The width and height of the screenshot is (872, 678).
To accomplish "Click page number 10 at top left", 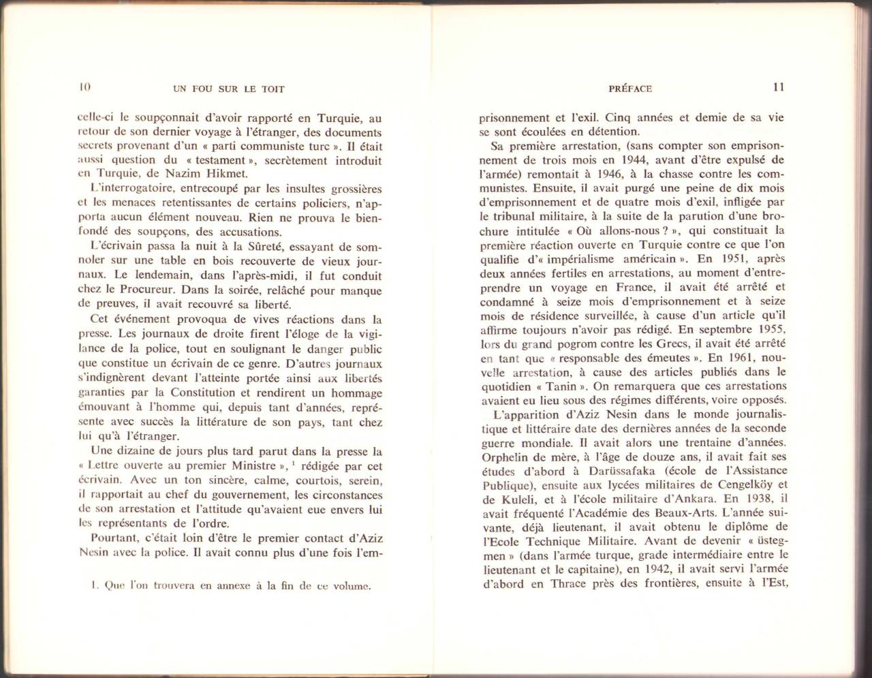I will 84,87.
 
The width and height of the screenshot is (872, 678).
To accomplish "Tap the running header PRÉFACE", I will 630,89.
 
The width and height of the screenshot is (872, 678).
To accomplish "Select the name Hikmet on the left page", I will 228,174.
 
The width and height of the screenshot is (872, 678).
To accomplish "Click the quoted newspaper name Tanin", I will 561,386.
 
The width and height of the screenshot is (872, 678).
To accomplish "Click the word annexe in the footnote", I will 234,585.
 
